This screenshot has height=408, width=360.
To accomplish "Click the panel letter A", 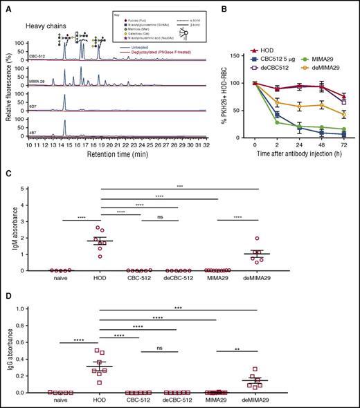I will click(x=6, y=6).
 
